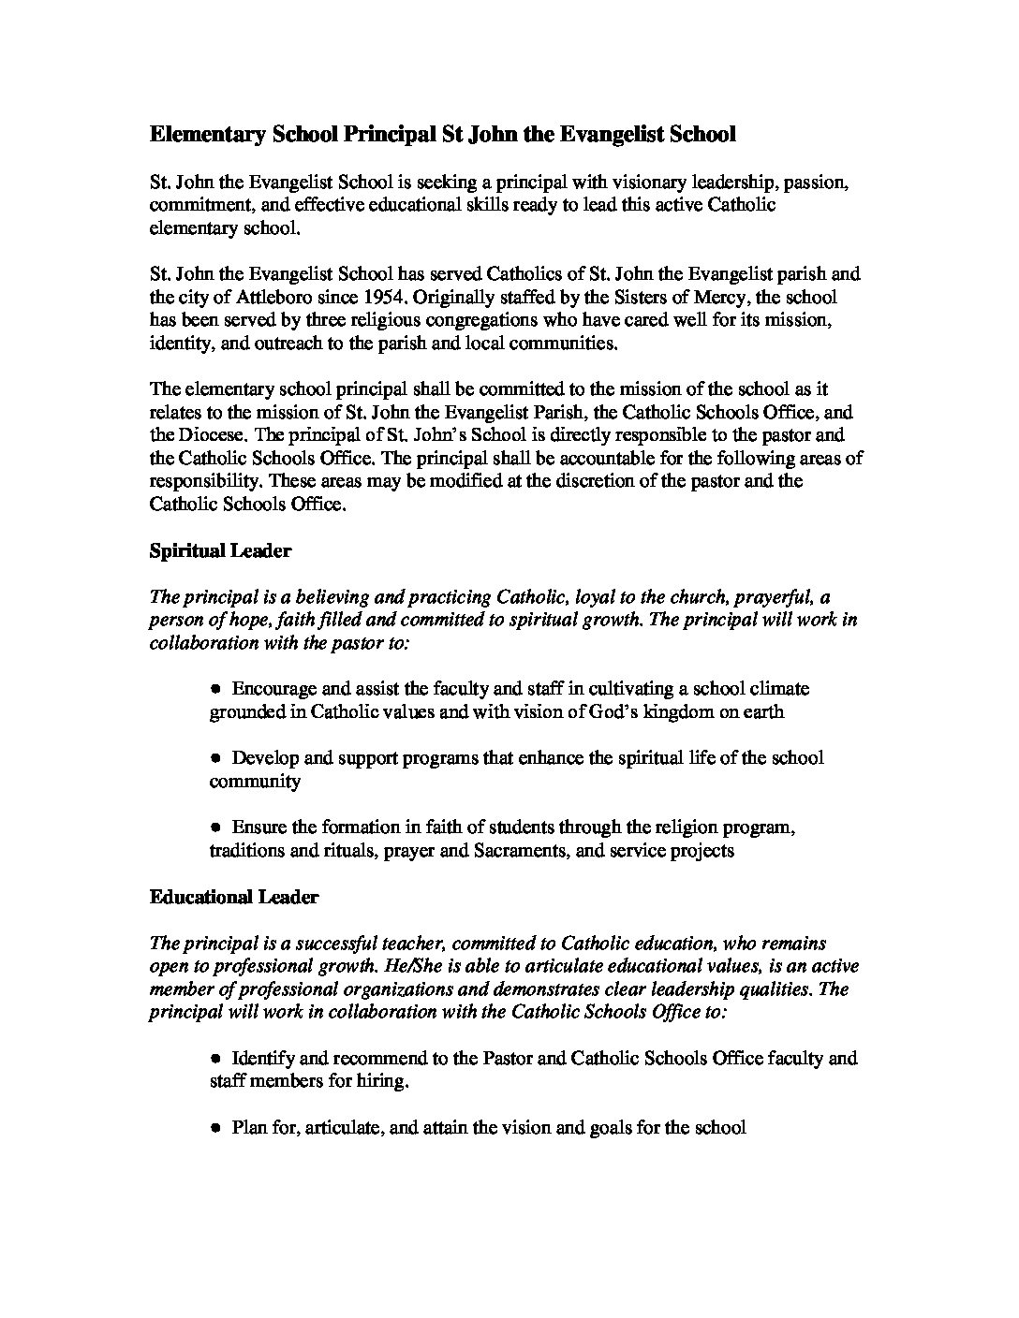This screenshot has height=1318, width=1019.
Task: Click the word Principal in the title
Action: coord(384,135)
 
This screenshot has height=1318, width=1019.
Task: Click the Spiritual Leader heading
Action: coord(220,551)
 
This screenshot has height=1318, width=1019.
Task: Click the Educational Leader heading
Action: coord(234,898)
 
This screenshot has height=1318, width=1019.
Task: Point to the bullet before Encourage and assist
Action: coord(215,688)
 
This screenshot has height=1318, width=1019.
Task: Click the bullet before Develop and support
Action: coord(215,757)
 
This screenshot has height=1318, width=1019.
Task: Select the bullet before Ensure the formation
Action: coord(215,827)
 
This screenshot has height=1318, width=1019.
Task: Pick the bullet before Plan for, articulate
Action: coord(215,1128)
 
